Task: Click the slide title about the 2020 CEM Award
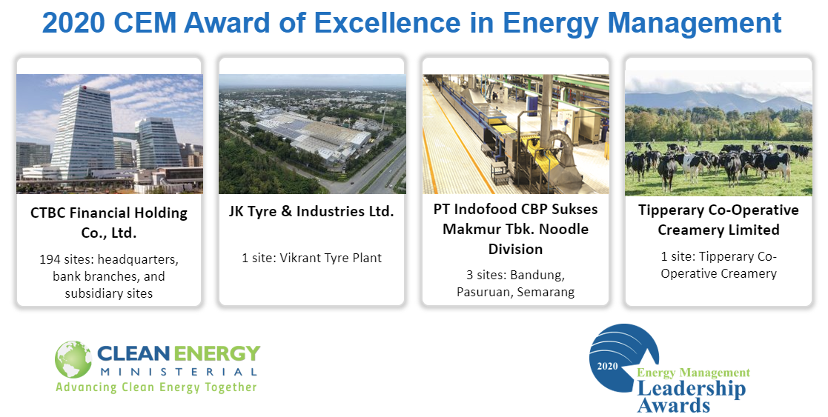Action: (412, 23)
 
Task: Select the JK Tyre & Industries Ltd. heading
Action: (311, 212)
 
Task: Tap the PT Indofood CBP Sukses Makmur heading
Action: (514, 228)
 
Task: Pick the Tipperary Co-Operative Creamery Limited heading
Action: (718, 219)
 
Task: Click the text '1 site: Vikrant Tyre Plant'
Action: (311, 258)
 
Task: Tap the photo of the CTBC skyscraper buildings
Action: (109, 133)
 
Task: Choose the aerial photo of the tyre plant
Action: (311, 133)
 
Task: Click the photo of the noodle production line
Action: (514, 133)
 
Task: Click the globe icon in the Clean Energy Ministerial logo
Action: (73, 360)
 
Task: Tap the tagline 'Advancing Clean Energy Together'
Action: (156, 387)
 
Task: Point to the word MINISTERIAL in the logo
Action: (178, 371)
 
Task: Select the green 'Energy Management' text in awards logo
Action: (693, 373)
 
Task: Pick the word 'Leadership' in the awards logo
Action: (691, 389)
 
